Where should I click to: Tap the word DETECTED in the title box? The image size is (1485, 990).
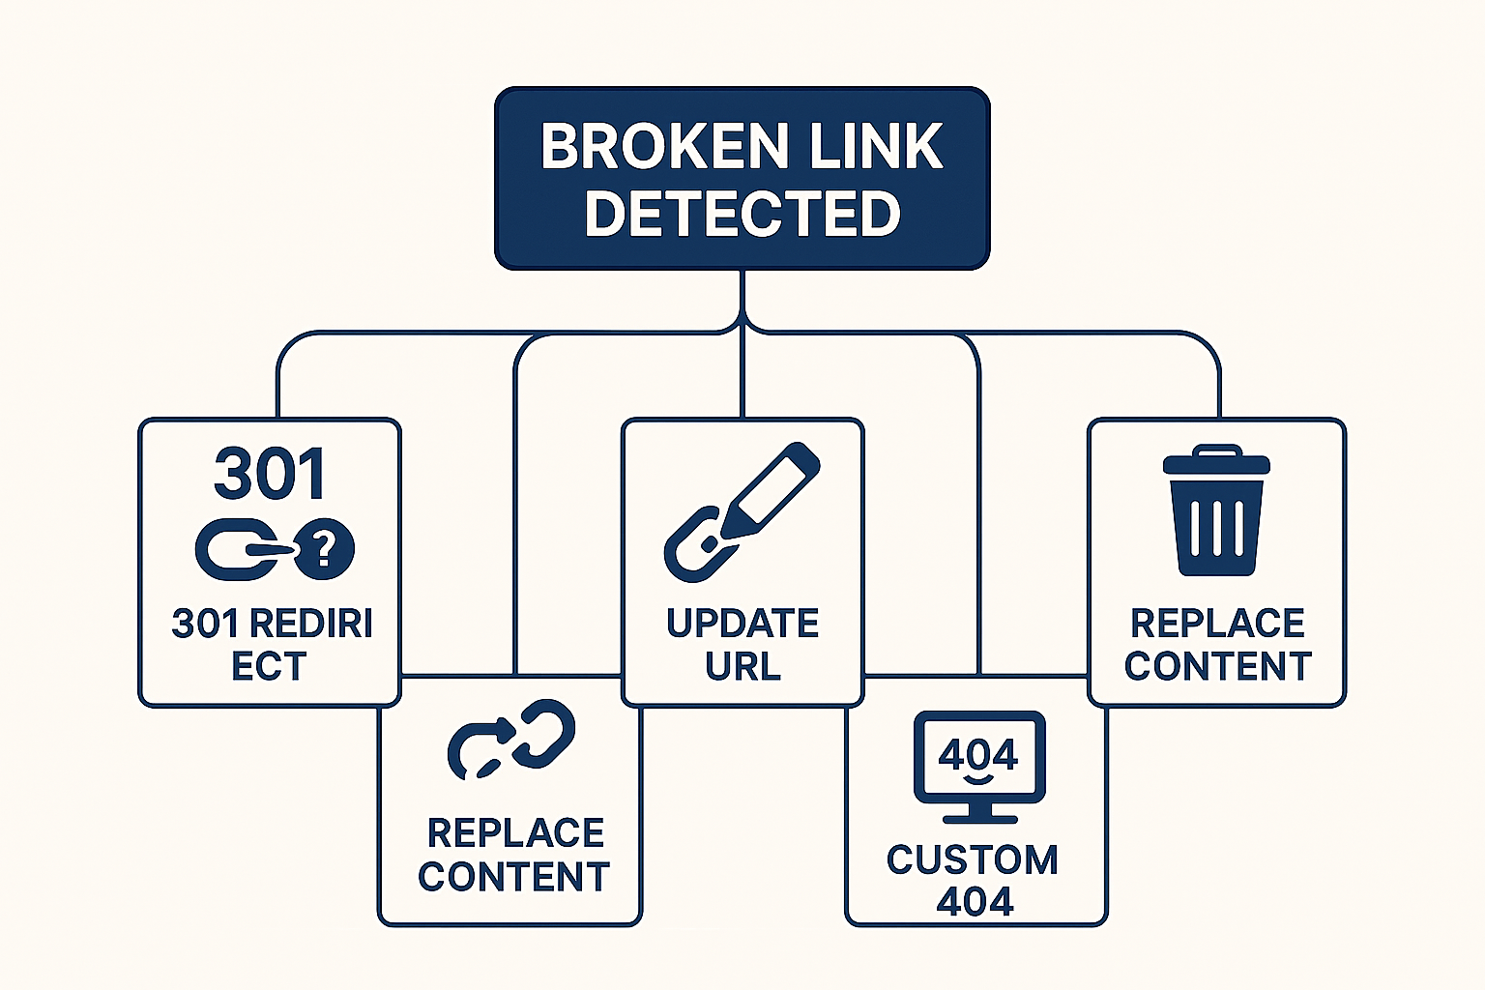point(742,214)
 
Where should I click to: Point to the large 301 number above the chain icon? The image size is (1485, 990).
point(270,475)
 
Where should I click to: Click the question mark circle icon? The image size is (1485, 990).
point(325,549)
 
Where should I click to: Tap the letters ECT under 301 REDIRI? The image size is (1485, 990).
point(269,667)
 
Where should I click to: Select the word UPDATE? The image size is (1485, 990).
point(742,624)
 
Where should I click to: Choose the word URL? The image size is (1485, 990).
point(742,667)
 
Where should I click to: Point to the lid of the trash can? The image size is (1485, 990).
point(1216,460)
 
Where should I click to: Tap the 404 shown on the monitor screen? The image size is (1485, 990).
point(978,754)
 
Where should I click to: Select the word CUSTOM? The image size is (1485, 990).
point(973,859)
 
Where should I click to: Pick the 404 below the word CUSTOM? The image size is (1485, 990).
point(975,902)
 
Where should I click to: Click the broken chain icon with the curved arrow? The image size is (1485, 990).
point(511,739)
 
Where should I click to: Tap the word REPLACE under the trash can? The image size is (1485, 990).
point(1217,624)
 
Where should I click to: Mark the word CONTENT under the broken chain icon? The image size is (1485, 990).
point(513,877)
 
